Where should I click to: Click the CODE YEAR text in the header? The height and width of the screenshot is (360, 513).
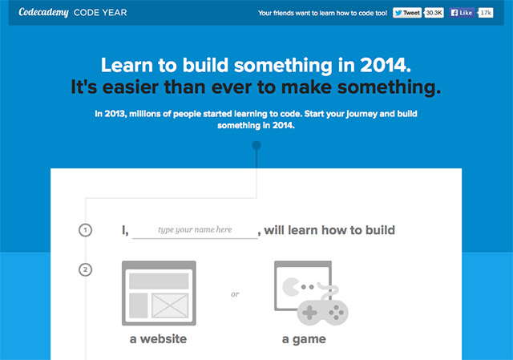99,13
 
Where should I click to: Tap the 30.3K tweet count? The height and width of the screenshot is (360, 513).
434,13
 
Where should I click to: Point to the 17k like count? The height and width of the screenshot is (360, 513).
486,13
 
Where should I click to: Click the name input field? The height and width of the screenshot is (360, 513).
195,230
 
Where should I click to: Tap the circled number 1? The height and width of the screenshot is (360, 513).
85,231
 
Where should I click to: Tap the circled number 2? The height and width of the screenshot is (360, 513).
85,269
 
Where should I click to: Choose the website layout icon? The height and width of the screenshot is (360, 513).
158,293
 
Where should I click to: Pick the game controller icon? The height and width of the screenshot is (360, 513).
319,309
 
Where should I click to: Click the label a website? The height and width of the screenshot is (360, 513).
158,339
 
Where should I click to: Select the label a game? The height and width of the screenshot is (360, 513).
304,339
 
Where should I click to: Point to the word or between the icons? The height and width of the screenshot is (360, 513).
235,294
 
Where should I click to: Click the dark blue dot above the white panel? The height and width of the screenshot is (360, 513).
256,146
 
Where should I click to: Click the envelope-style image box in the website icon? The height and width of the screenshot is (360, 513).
169,305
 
